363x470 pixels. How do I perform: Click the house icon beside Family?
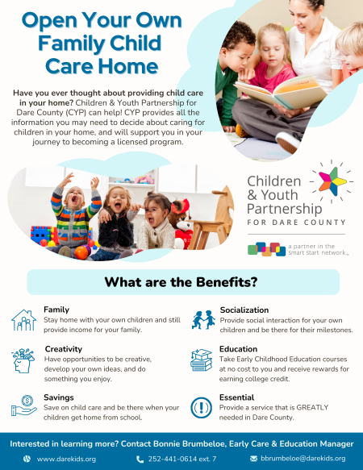pyautogui.click(x=23, y=320)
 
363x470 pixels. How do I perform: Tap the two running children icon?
pyautogui.click(x=203, y=320)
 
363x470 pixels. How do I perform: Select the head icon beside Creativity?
pyautogui.click(x=23, y=360)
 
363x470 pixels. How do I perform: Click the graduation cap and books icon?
pyautogui.click(x=202, y=360)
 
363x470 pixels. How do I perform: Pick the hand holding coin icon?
pyautogui.click(x=23, y=406)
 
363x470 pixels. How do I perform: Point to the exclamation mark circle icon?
pyautogui.click(x=202, y=408)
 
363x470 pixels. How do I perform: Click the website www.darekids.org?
pyautogui.click(x=66, y=459)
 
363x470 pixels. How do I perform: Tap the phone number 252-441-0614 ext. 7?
pyautogui.click(x=182, y=459)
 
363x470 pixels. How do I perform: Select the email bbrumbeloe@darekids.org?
pyautogui.click(x=303, y=459)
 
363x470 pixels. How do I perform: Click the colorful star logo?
pyautogui.click(x=332, y=181)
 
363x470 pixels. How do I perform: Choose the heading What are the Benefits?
pyautogui.click(x=181, y=282)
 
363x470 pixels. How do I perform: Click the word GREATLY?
pyautogui.click(x=312, y=407)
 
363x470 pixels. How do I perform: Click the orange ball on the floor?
pyautogui.click(x=81, y=252)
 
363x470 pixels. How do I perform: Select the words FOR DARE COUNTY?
pyautogui.click(x=296, y=223)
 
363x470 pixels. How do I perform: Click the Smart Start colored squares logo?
pyautogui.click(x=266, y=249)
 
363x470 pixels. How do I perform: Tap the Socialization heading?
pyautogui.click(x=244, y=310)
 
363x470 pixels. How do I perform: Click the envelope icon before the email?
pyautogui.click(x=254, y=459)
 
